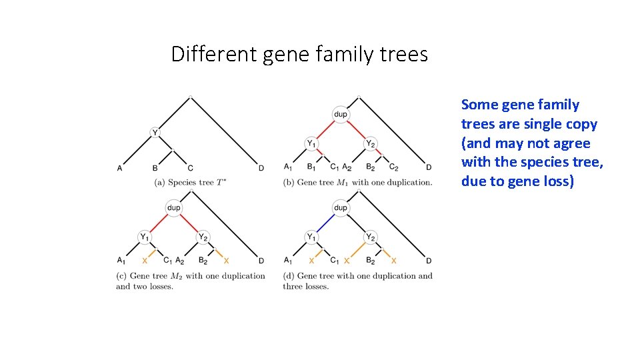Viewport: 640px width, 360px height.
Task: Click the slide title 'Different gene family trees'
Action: pos(299,54)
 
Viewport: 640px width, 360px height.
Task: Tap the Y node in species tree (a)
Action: pos(155,133)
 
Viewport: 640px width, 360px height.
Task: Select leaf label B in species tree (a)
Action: pos(155,168)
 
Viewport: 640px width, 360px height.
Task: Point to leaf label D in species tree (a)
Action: pos(261,168)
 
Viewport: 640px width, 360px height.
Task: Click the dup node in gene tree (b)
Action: pos(341,115)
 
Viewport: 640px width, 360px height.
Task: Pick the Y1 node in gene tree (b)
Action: pos(311,143)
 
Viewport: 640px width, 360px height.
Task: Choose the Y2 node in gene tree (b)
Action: pos(370,143)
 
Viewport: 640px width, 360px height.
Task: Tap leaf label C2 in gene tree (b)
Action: pos(393,167)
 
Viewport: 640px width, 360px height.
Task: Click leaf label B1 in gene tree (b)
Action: pos(311,167)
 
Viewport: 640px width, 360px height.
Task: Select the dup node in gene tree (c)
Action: pos(173,208)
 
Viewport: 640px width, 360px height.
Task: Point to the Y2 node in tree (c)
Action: pos(203,237)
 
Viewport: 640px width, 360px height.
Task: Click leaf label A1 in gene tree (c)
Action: pos(121,261)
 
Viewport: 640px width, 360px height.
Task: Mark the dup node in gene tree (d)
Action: pos(341,208)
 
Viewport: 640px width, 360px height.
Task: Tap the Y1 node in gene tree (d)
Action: pos(311,237)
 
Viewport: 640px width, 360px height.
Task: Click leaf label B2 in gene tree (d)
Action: pos(370,261)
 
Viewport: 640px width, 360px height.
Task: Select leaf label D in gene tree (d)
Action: pos(429,261)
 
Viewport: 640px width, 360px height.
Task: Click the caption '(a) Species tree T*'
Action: pos(190,182)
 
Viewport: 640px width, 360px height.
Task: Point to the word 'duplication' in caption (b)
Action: pos(406,182)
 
